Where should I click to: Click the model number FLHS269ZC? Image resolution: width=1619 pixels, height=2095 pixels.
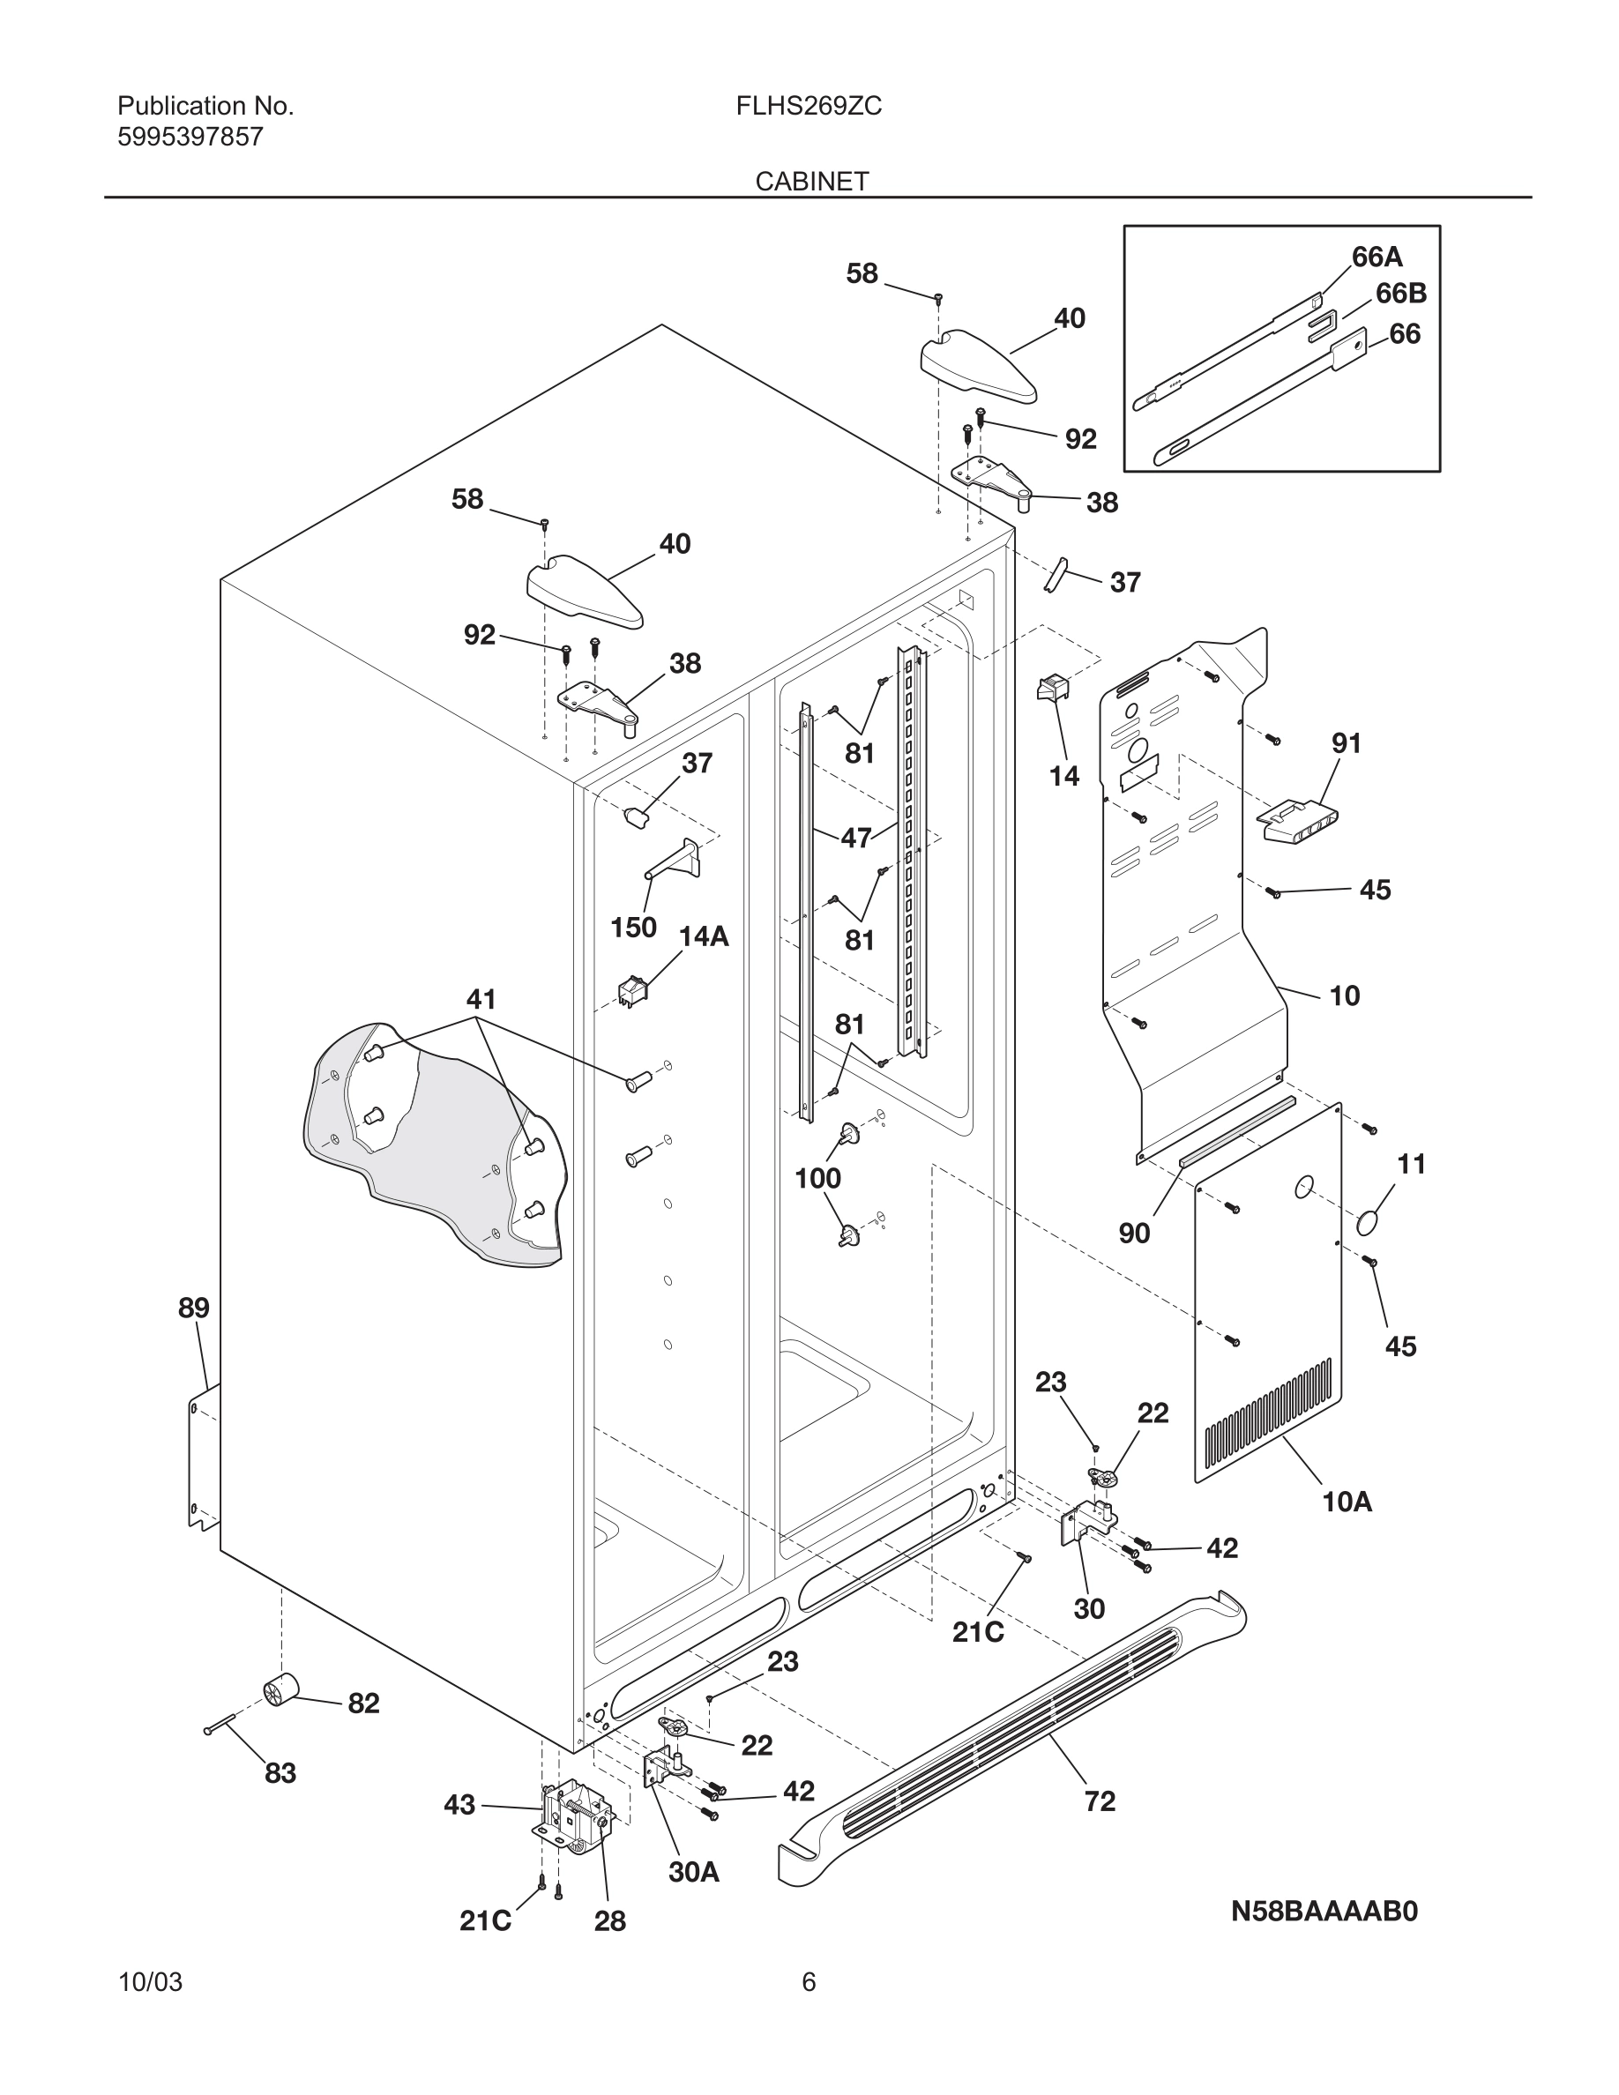[809, 107]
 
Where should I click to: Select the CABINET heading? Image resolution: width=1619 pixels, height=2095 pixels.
[811, 182]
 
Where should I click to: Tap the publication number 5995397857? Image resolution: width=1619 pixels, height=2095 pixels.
[190, 138]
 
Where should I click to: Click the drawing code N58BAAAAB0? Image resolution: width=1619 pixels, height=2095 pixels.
[1324, 1912]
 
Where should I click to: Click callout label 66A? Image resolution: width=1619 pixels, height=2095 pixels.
[1377, 257]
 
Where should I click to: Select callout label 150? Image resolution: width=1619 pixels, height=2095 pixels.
[633, 928]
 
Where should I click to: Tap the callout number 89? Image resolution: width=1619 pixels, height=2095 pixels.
[194, 1308]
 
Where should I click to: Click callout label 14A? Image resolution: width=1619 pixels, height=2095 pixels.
[703, 937]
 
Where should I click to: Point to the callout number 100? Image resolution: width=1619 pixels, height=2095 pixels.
[817, 1178]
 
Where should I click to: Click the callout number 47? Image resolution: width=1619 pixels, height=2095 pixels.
[855, 839]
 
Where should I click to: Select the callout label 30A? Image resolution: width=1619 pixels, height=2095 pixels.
[693, 1872]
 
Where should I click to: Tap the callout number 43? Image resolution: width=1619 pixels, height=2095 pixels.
[459, 1805]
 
